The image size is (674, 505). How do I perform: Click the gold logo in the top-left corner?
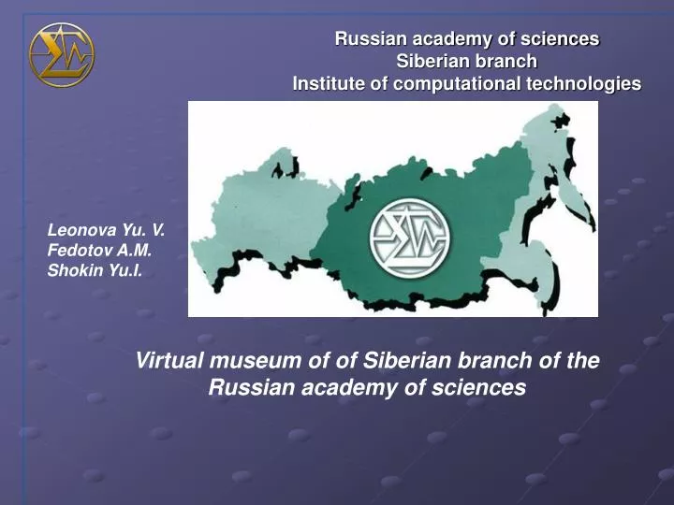click(62, 54)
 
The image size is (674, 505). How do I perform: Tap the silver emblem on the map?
click(410, 237)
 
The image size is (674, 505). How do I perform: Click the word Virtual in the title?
click(169, 361)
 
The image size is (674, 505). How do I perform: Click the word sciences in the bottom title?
click(482, 387)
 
